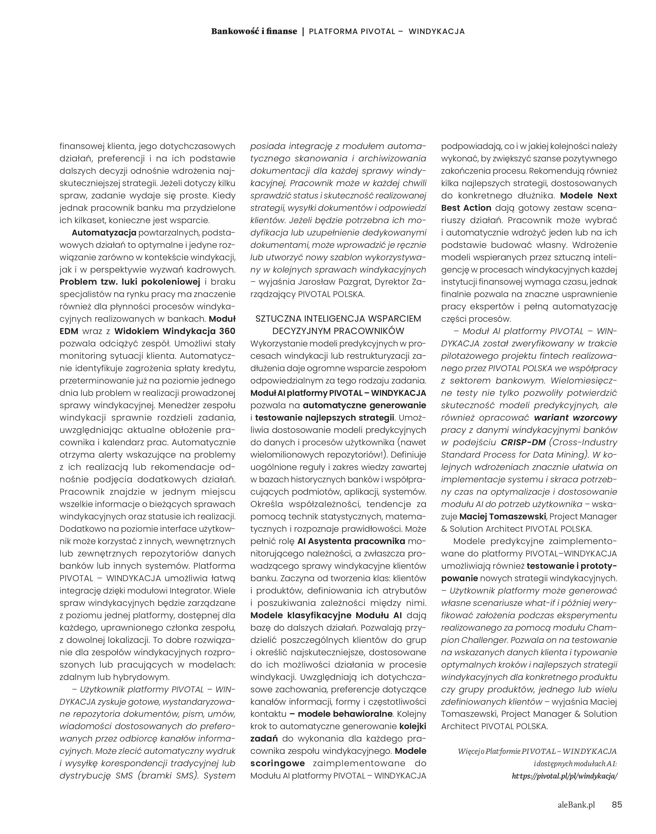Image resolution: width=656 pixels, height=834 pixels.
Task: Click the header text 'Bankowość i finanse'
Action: point(254,32)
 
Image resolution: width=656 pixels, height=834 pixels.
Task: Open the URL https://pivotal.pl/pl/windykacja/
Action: point(565,776)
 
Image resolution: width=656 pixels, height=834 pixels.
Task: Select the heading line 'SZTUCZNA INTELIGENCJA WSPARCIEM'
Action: point(338,318)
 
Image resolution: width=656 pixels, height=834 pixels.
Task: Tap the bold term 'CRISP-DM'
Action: point(523,442)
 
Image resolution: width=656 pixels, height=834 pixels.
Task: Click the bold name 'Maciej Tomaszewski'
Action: point(502,516)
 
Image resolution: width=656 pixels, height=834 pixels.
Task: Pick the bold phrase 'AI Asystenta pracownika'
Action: point(351,541)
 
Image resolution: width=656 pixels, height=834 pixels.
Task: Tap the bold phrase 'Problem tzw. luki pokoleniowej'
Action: point(130,282)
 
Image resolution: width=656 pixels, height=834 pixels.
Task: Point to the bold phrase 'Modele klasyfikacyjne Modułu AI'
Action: point(326,615)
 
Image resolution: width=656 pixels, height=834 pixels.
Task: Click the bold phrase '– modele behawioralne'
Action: point(341,714)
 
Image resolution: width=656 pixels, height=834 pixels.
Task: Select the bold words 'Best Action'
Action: point(466,208)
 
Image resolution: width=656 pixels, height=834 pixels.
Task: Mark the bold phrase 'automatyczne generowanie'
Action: point(364,405)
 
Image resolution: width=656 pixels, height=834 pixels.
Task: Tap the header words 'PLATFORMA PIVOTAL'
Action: point(352,32)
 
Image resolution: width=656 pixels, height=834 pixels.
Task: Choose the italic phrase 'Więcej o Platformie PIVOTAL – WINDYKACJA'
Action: point(537,751)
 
